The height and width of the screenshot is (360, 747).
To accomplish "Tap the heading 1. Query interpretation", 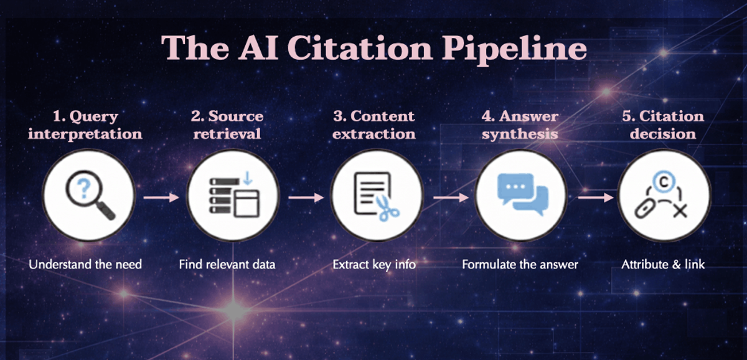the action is (85, 125).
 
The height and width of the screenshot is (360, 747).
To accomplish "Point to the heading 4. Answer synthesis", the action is (520, 125).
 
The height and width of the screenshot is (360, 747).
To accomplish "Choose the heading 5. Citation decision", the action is (664, 125).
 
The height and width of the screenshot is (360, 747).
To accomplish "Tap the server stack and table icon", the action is (233, 196).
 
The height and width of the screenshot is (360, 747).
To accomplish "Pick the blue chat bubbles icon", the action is (522, 196).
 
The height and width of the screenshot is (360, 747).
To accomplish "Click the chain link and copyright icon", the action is (664, 196).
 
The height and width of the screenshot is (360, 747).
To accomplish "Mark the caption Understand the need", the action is (85, 265).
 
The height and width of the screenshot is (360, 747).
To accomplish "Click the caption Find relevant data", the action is (227, 265).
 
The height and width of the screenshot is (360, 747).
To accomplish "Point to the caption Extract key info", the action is (374, 265).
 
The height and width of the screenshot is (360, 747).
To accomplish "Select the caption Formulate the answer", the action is (520, 265).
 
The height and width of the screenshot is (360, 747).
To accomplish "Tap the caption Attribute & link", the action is (663, 265).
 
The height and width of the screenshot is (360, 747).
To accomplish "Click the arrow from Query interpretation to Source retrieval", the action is (161, 197).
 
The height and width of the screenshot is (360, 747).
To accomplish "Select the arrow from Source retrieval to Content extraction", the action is (306, 197).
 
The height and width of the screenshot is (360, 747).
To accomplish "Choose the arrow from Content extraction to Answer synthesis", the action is (450, 197).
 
